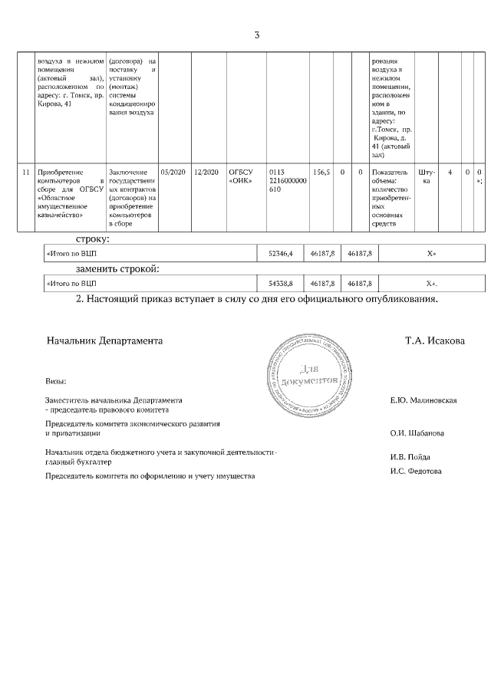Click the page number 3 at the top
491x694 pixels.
pyautogui.click(x=257, y=35)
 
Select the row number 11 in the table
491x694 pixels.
pyautogui.click(x=26, y=173)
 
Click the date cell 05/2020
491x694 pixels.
pyautogui.click(x=170, y=173)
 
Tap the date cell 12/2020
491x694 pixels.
pyautogui.click(x=206, y=173)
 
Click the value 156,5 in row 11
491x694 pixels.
pyautogui.click(x=321, y=173)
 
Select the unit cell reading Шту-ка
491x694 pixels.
pyautogui.click(x=427, y=177)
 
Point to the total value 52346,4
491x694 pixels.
pyautogui.click(x=280, y=252)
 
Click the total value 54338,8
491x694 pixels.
pyautogui.click(x=280, y=283)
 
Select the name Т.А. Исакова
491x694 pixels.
pyautogui.click(x=434, y=340)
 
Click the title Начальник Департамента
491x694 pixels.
pyautogui.click(x=104, y=340)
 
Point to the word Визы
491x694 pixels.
pyautogui.click(x=56, y=381)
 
